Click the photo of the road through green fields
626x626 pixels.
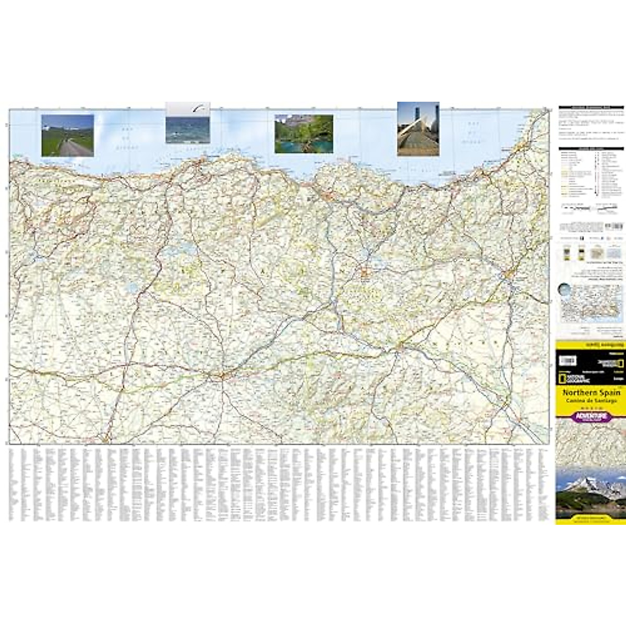pyautogui.click(x=67, y=135)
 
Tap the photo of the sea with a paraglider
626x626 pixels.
pyautogui.click(x=188, y=128)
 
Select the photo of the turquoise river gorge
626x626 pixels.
pyautogui.click(x=304, y=134)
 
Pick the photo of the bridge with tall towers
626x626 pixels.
pyautogui.click(x=418, y=129)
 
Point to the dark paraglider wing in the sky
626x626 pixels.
pyautogui.click(x=198, y=109)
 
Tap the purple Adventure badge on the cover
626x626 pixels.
pyautogui.click(x=591, y=416)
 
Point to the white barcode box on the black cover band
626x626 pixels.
pyautogui.click(x=567, y=360)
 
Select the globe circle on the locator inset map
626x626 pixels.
pyautogui.click(x=564, y=289)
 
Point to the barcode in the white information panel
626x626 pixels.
pyautogui.click(x=615, y=226)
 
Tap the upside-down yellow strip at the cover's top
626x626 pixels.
pyautogui.click(x=591, y=345)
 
